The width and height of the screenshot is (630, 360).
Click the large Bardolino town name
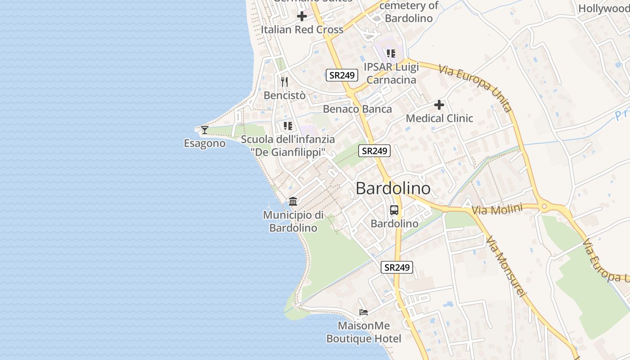point(393,189)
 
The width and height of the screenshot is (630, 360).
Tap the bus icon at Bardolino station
point(394,210)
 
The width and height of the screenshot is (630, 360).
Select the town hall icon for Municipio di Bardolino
point(293,201)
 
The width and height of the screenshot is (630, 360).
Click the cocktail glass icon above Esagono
point(205,130)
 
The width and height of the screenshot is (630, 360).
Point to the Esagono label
point(205,144)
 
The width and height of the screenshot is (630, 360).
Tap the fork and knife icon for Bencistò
point(284,81)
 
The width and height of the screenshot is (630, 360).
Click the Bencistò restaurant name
point(284,95)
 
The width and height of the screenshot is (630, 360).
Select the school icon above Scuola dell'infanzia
point(288,126)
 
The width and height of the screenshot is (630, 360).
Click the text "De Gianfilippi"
point(288,152)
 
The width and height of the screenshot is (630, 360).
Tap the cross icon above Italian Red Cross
point(302,16)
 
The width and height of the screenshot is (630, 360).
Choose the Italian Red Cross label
point(302,30)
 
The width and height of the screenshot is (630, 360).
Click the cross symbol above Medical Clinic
point(439,105)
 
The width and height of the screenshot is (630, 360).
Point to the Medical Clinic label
point(439,118)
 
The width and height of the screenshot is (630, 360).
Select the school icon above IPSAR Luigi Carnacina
point(391,54)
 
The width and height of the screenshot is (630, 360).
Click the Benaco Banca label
point(357,109)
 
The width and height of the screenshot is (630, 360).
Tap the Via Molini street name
point(497,209)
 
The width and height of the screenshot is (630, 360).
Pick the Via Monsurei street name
point(506,266)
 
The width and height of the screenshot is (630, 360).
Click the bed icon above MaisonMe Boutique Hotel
point(364,312)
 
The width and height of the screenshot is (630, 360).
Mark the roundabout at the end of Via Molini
point(544,207)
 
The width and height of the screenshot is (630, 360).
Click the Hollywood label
point(603,9)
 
